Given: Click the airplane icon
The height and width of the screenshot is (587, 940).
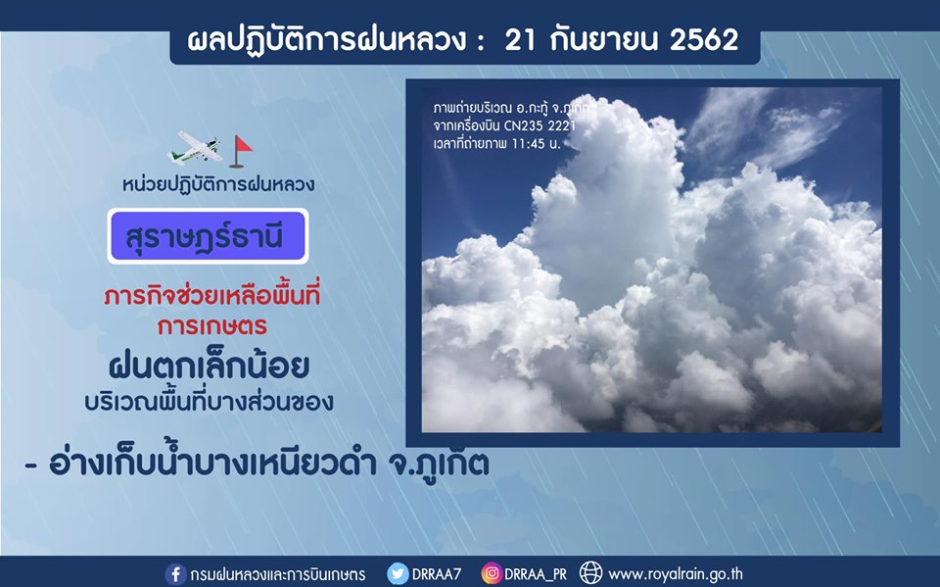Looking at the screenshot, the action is tap(194, 148).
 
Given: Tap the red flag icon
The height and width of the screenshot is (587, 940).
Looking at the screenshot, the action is tap(241, 151).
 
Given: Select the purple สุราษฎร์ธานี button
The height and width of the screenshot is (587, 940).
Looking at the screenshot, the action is tap(208, 236).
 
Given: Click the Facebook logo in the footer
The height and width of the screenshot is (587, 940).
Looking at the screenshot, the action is tap(175, 574).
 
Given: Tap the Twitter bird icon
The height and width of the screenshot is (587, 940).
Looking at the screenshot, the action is tap(398, 574).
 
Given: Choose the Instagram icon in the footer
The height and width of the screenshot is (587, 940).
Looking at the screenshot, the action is tap(492, 574).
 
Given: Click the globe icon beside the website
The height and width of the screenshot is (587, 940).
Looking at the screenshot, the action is tap(590, 573).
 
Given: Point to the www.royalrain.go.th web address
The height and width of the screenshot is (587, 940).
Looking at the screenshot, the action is tap(676, 574).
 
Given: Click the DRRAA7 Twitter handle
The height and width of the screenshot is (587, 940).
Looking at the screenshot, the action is tap(437, 574).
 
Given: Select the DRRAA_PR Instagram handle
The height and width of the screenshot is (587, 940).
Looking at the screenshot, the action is tap(536, 574).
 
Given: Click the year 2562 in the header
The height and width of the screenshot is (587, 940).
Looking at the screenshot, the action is tap(704, 40).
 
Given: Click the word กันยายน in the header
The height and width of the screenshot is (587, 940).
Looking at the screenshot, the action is tap(602, 40).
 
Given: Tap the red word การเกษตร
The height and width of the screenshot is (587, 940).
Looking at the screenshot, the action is tap(212, 326).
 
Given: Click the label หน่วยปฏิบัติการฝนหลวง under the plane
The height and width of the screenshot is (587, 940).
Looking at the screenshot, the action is tap(218, 184).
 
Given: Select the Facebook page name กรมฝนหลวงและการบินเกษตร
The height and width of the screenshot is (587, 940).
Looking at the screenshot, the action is tap(277, 574).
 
